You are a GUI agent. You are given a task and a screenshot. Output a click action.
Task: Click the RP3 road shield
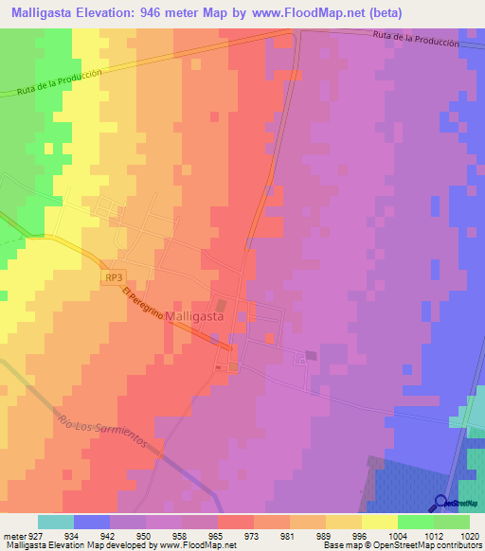[114, 277]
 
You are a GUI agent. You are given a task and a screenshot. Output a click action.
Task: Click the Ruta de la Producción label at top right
[416, 39]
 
